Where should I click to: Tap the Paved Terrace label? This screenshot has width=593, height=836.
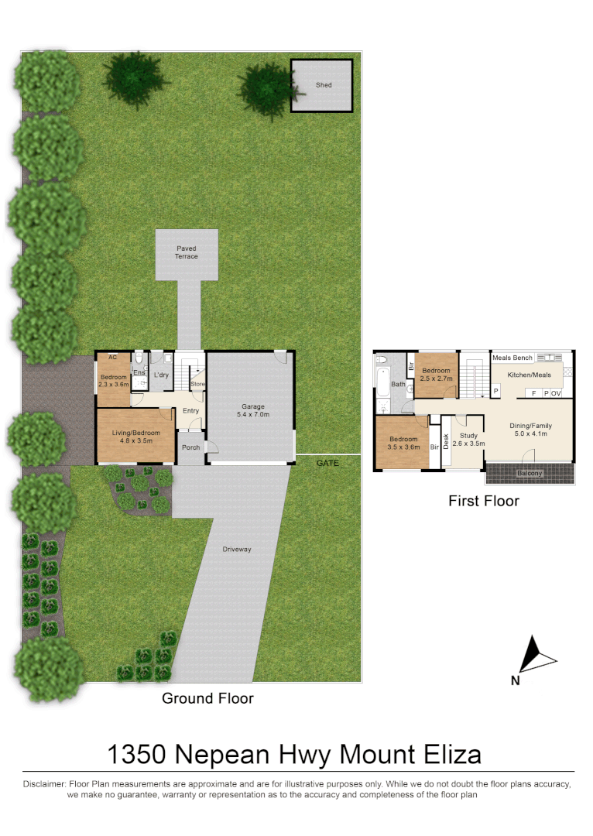(x=186, y=252)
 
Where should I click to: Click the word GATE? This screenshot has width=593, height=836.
(x=327, y=463)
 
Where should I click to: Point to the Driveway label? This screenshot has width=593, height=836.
(x=238, y=549)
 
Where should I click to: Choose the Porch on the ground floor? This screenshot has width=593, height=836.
(x=190, y=447)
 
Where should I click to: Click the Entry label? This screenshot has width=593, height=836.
(x=190, y=411)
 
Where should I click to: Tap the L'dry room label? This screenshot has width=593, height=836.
(x=161, y=375)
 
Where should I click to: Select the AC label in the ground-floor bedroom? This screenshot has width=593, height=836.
(x=113, y=358)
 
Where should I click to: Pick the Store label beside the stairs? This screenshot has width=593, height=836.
(x=197, y=384)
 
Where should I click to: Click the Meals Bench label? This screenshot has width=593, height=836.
(x=512, y=358)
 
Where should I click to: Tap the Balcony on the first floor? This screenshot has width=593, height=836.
(x=530, y=473)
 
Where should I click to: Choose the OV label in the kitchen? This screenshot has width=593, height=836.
(x=556, y=393)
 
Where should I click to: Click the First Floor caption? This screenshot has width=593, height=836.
(x=484, y=501)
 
